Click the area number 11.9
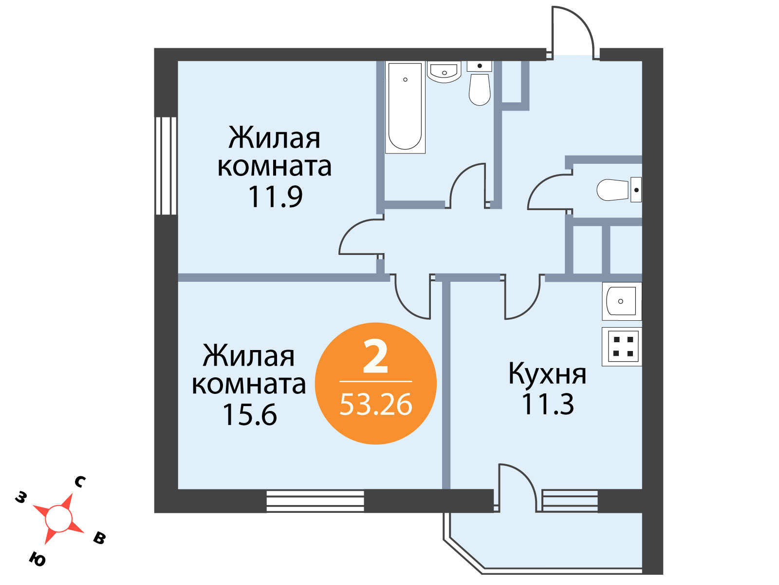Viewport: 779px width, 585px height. [275, 196]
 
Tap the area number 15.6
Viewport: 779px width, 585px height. [249, 414]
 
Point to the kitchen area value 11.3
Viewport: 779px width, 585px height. [547, 404]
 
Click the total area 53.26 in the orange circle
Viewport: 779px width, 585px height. [375, 405]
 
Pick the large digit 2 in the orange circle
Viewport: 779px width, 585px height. [375, 356]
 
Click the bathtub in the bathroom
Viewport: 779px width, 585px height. [405, 107]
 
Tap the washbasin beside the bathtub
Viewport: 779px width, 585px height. [444, 72]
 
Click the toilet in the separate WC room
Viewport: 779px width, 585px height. [619, 190]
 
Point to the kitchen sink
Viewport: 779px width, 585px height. [621, 301]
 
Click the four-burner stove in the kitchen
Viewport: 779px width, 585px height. [621, 347]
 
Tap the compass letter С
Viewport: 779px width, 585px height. [80, 482]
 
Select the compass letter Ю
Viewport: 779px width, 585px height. [37, 559]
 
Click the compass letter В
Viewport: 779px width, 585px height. [100, 539]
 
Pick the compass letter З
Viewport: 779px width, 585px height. [21, 498]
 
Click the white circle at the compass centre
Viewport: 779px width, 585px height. [58, 519]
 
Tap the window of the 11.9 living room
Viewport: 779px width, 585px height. [166, 166]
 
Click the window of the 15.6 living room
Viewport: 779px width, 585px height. [315, 501]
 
